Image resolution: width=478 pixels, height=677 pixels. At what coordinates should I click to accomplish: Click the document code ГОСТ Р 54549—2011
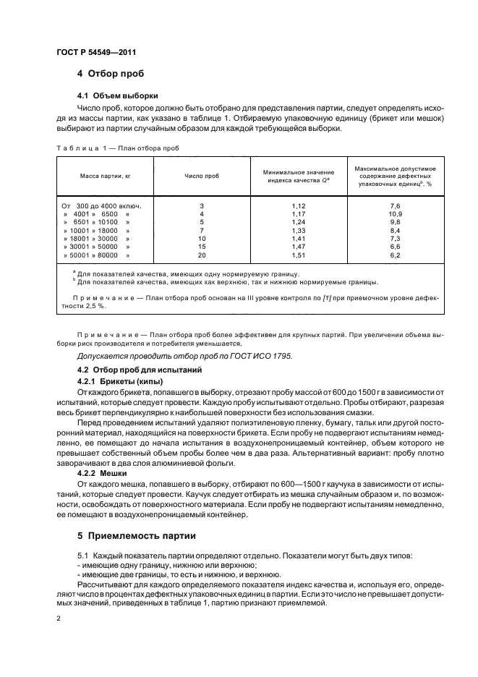point(95,52)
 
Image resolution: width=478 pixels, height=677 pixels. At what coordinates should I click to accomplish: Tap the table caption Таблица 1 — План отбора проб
point(117,148)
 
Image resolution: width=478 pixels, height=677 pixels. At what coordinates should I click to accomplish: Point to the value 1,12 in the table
point(298,206)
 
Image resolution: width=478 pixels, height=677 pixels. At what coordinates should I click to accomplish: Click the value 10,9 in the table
point(394,214)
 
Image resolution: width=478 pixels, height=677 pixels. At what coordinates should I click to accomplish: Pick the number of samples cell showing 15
point(201,247)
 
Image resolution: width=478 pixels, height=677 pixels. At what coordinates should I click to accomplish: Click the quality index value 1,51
point(298,255)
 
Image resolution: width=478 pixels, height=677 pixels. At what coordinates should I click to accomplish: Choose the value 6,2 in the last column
point(394,255)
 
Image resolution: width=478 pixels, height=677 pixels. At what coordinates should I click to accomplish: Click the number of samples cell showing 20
point(201,255)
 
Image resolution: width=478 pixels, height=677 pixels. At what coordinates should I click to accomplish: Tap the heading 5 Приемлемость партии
point(136,537)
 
